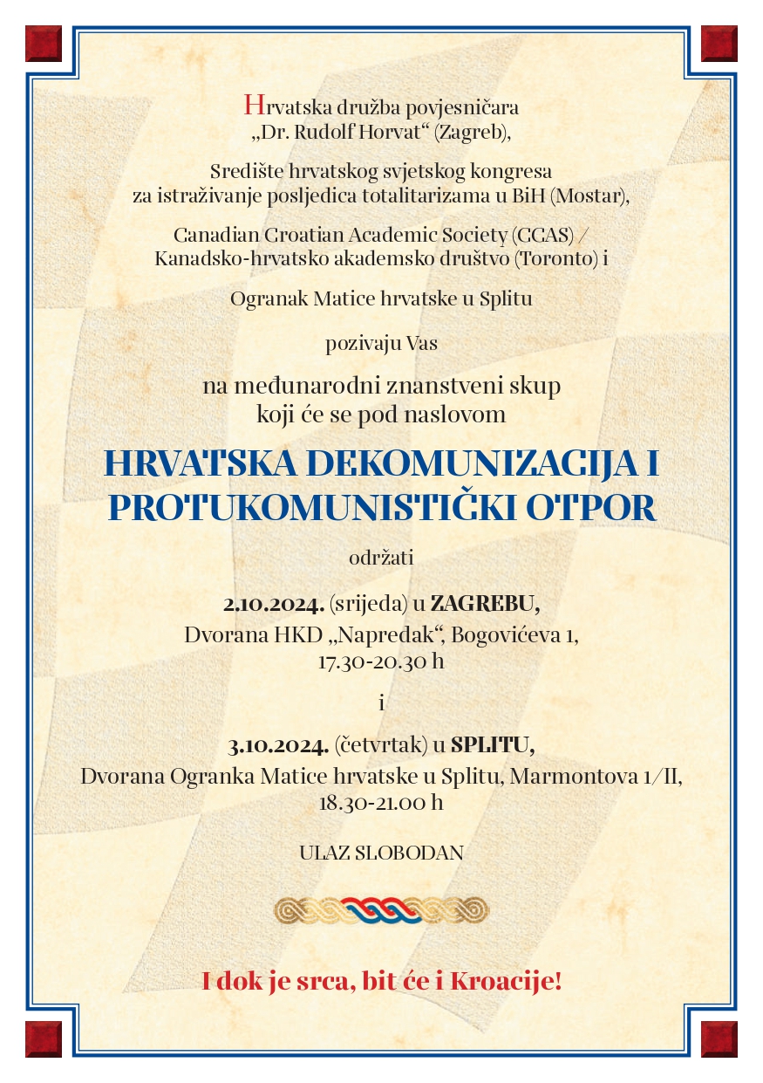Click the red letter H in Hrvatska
pyautogui.click(x=254, y=106)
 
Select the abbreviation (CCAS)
pyautogui.click(x=547, y=235)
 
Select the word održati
pyautogui.click(x=381, y=556)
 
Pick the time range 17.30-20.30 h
pyautogui.click(x=381, y=661)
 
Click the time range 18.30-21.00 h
pyautogui.click(x=381, y=802)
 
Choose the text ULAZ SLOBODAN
pyautogui.click(x=381, y=853)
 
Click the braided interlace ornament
pyautogui.click(x=381, y=910)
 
